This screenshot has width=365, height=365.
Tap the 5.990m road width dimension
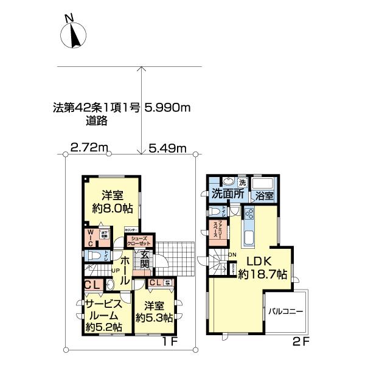[168, 108]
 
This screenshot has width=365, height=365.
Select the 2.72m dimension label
[89, 147]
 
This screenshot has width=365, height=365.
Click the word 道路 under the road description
[97, 120]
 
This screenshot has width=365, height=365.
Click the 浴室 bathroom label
[264, 196]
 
